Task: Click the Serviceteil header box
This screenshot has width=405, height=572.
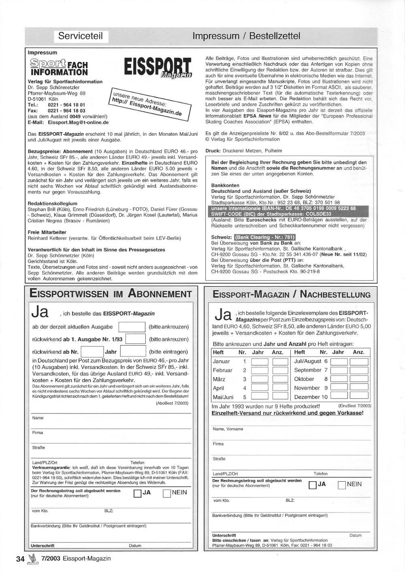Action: point(81,36)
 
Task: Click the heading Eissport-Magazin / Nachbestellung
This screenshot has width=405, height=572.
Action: point(291,295)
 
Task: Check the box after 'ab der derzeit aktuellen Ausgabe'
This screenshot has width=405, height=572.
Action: point(132,327)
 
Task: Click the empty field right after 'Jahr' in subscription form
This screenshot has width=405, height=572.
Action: point(133,352)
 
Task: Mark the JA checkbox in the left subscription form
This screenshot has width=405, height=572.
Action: point(137,493)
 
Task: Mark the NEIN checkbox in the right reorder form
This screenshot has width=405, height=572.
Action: point(341,485)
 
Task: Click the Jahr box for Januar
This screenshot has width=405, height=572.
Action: point(260,362)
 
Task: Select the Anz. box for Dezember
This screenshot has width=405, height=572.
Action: point(359,397)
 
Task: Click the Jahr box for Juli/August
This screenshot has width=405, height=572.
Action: point(339,362)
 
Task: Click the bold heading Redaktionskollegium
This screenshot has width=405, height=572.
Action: point(52,203)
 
